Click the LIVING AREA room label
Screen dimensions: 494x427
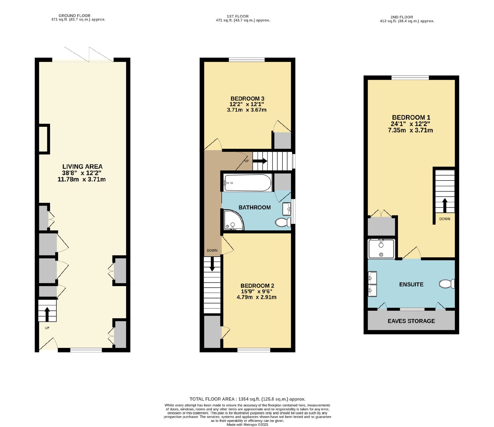pyautogui.click(x=82, y=167)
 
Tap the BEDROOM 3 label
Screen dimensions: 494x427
pyautogui.click(x=247, y=99)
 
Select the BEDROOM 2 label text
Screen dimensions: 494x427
pyautogui.click(x=257, y=286)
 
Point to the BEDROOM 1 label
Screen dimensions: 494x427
pyautogui.click(x=411, y=117)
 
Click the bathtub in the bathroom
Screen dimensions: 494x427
pyautogui.click(x=248, y=183)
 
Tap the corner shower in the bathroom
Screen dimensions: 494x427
pyautogui.click(x=233, y=220)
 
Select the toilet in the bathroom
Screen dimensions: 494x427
pyautogui.click(x=283, y=222)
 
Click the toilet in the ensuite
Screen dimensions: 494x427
pyautogui.click(x=447, y=284)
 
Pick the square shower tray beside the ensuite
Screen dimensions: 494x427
pyautogui.click(x=381, y=249)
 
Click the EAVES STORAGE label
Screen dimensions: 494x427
pyautogui.click(x=411, y=321)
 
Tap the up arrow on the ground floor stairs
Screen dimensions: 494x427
pyautogui.click(x=47, y=314)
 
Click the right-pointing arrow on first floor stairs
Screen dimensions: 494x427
pyautogui.click(x=260, y=161)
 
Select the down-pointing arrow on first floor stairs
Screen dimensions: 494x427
pyautogui.click(x=212, y=264)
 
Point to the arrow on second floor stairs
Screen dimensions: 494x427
pyautogui.click(x=445, y=206)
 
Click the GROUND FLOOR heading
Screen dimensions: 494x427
pyautogui.click(x=74, y=15)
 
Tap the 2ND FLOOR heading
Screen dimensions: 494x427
pyautogui.click(x=402, y=17)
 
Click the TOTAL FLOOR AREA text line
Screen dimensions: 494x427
pyautogui.click(x=247, y=399)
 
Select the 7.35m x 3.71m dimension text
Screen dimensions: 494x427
pyautogui.click(x=410, y=130)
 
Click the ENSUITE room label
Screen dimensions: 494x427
pyautogui.click(x=411, y=284)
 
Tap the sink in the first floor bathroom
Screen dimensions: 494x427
pyautogui.click(x=287, y=209)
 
